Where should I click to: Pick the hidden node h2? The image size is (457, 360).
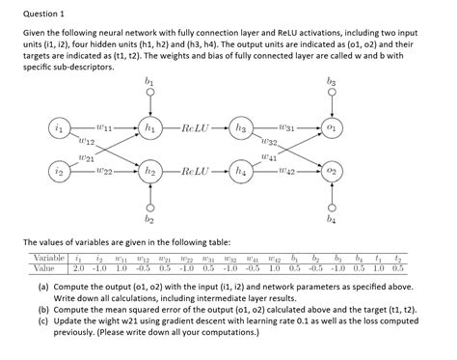(148, 172)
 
